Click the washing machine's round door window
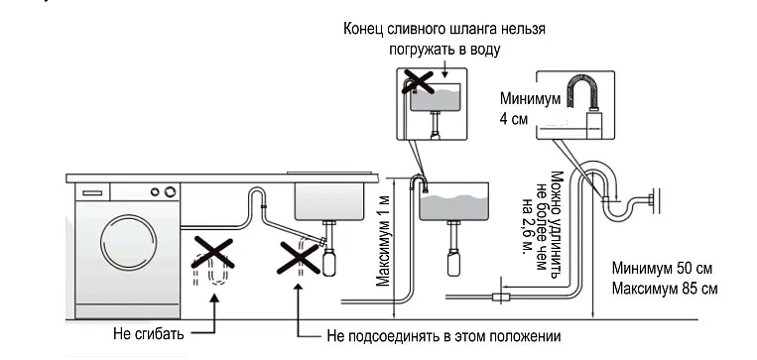[128, 241]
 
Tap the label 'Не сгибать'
[149, 333]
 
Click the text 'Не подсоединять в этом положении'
[443, 336]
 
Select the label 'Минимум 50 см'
[662, 268]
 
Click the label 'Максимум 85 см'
[665, 289]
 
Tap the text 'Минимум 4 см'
[530, 109]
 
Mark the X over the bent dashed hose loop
[212, 253]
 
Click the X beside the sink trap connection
[300, 257]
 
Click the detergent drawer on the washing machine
[92, 192]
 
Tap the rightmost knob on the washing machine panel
[170, 192]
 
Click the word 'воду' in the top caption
[484, 50]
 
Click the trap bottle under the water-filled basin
[453, 264]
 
